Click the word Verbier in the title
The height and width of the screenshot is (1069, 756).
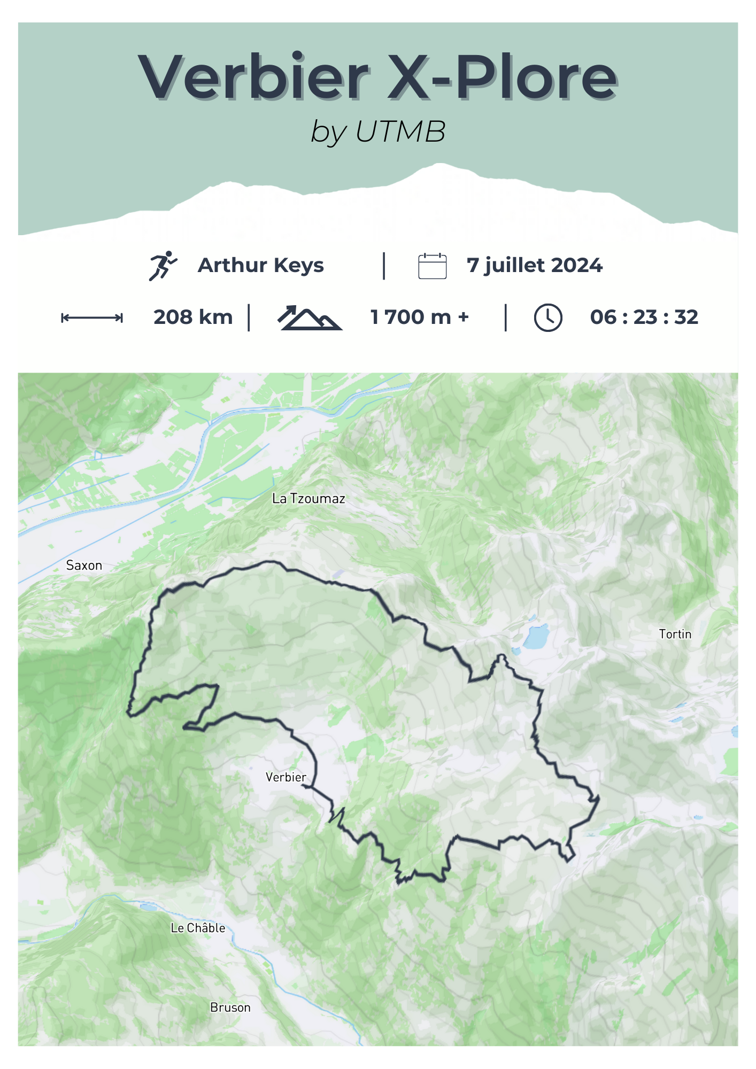tap(253, 77)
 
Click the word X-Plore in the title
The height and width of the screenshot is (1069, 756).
tap(503, 77)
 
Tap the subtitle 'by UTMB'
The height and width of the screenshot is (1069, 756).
tap(378, 131)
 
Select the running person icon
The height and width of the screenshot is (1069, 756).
tap(163, 266)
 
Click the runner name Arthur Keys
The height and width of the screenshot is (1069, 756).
tap(261, 265)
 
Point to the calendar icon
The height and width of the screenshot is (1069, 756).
tap(432, 266)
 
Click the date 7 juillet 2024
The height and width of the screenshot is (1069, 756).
tap(535, 265)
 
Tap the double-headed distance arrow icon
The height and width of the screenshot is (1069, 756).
tap(92, 318)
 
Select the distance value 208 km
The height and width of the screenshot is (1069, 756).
tap(193, 317)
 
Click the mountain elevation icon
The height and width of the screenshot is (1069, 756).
tap(310, 318)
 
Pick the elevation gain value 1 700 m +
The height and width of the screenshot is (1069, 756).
tap(420, 317)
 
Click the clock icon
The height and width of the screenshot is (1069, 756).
tap(548, 318)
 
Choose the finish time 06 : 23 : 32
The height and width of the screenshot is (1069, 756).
tap(644, 317)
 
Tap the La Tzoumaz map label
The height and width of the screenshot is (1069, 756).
tap(308, 499)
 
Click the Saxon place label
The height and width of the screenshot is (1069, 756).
tap(84, 566)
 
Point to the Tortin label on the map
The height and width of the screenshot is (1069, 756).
tap(675, 634)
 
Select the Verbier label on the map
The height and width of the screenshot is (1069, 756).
tap(286, 777)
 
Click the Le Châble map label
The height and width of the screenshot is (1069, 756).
tap(198, 928)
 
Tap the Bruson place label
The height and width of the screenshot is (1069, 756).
tap(230, 1008)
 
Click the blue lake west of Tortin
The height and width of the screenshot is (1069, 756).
tap(536, 637)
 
